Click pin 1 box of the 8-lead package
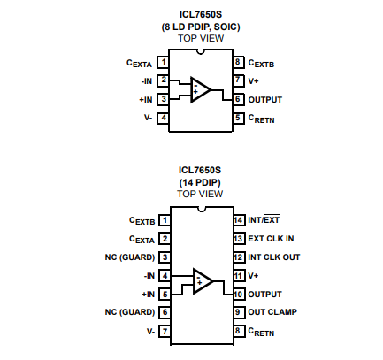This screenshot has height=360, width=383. point(163,62)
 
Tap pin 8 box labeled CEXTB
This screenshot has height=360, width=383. point(238,62)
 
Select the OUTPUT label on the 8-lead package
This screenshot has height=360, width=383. point(265,100)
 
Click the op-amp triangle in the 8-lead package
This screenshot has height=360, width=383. point(201,89)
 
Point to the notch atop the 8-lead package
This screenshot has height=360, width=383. point(201,51)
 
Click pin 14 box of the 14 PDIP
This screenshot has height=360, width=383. point(239,220)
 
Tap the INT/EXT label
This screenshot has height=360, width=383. point(264,219)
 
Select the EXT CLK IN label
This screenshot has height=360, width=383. point(271,239)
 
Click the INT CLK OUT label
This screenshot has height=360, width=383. point(274,257)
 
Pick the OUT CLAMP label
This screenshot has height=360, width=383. point(272,312)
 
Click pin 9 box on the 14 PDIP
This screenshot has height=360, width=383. point(239,312)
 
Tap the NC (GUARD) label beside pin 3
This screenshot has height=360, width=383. point(130,257)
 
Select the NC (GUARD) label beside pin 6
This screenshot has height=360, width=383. point(130,312)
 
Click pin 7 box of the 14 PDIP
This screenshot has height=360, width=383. point(165,331)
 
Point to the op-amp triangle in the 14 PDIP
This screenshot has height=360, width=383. point(203,281)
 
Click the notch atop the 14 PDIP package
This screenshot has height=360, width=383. point(202,209)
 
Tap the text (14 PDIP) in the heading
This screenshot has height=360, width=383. point(200,182)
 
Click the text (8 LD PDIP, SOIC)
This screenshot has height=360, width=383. point(201,27)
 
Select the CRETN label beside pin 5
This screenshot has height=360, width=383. point(261,119)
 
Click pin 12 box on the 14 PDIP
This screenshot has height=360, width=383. point(239,257)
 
